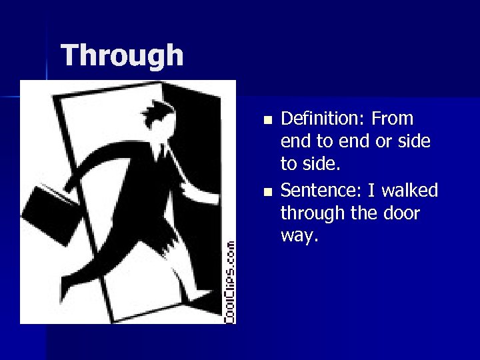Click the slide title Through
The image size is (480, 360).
coord(122,55)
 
